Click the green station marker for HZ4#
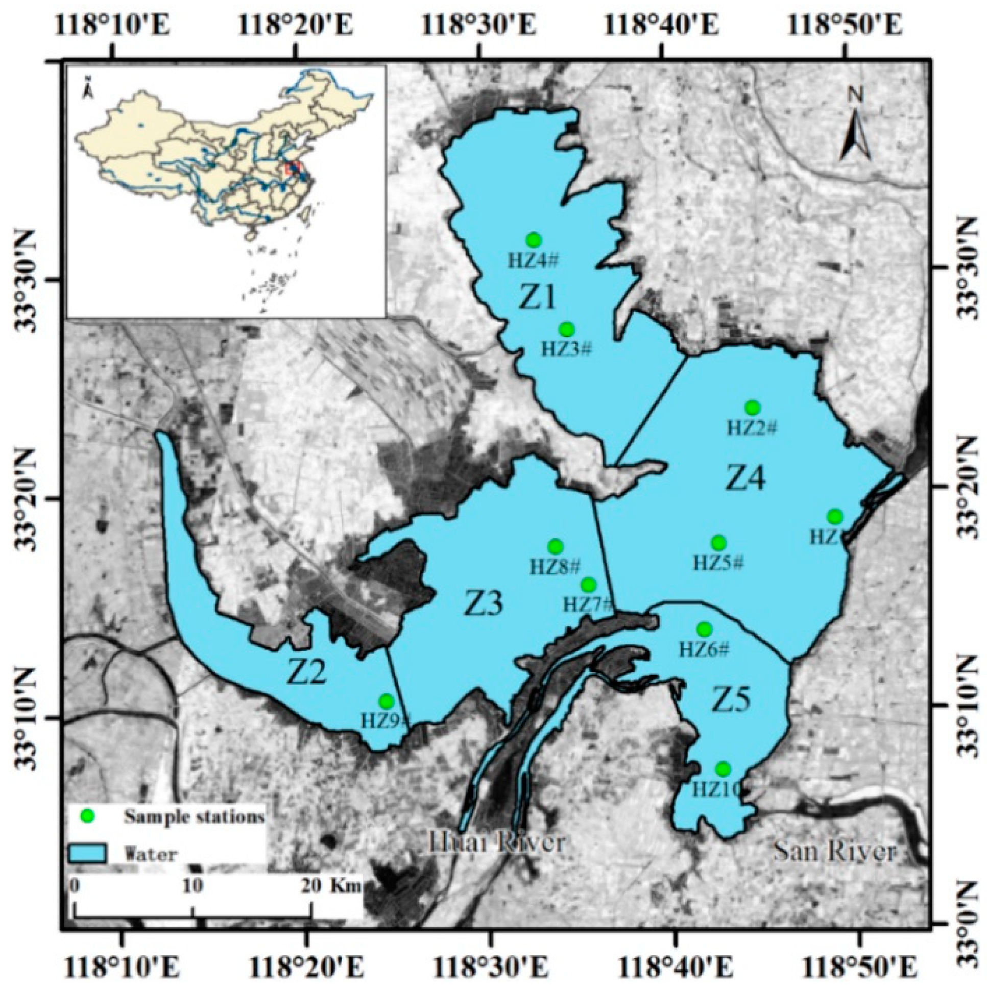534,239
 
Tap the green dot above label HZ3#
566,329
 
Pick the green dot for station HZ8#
556,547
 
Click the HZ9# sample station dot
386,701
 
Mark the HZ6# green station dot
704,629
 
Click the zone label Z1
538,298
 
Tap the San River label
835,852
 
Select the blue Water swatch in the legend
87,853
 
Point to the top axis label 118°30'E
480,26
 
